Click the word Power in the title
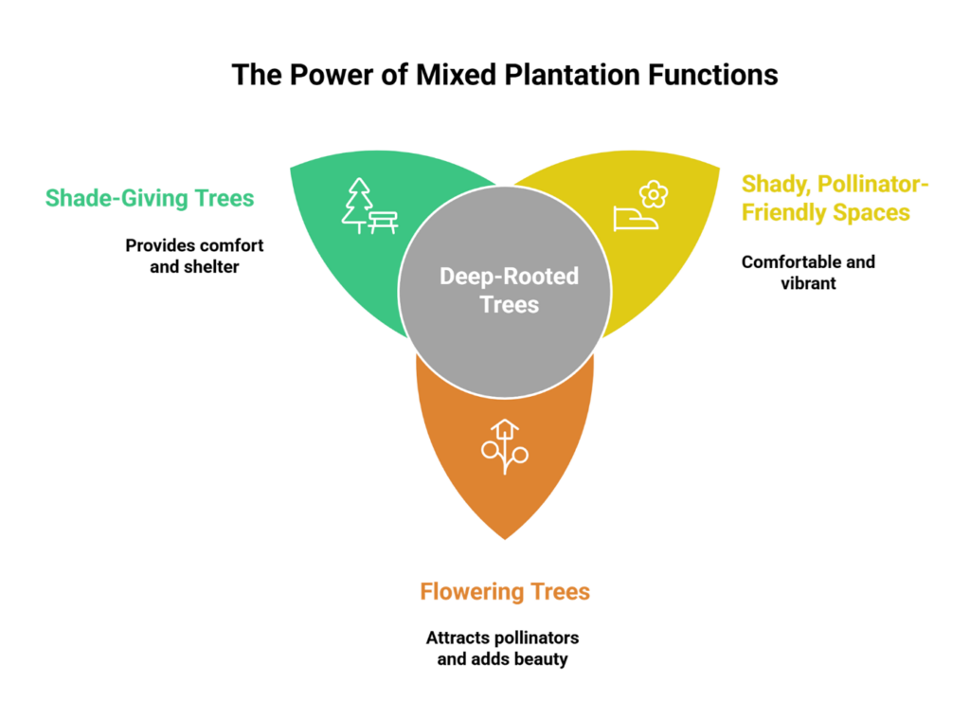coord(314,75)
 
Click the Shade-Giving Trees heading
coord(150,198)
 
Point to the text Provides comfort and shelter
coord(194,256)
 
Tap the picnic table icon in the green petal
coord(384,221)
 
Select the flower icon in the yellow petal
coord(654,195)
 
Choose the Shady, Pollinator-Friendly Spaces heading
coord(835,197)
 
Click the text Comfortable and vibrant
coord(808,272)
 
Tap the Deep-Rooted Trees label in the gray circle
coord(509,290)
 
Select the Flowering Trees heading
coord(505,592)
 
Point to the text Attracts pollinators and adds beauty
coord(502,647)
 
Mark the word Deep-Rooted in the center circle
coord(509,277)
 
